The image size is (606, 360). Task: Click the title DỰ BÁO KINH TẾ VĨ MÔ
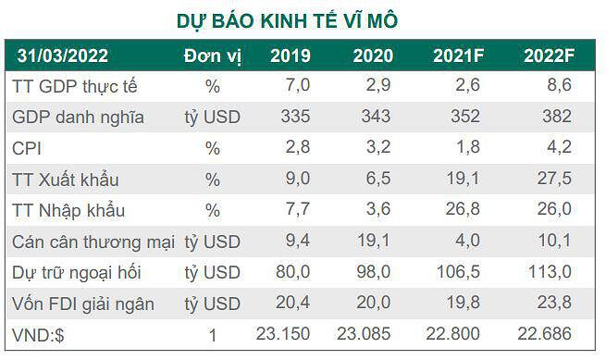coord(287,20)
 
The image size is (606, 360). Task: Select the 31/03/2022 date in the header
coord(62,56)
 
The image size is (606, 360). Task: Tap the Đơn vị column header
coord(213,56)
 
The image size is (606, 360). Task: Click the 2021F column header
coord(458,56)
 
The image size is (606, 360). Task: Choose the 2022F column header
coord(550,56)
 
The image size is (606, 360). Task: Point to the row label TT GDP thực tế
coord(75,86)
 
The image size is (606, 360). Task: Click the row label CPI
coord(27,148)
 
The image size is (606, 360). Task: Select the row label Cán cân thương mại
coord(93,242)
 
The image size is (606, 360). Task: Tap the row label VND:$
coord(38,335)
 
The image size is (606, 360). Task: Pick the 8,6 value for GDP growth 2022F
coord(559,85)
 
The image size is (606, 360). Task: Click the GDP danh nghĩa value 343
coord(376,117)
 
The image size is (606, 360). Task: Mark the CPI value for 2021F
coord(468,147)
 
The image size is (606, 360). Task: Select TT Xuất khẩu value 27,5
coord(554,179)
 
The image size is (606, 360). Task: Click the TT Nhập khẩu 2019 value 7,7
coord(298,209)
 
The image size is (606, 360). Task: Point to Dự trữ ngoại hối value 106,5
coord(458,271)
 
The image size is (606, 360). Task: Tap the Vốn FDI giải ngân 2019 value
coord(292,303)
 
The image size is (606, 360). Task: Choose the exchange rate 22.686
coord(545,334)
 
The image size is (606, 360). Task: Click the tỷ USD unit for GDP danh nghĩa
coord(213,118)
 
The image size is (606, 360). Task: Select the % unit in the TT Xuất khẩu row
coord(213,180)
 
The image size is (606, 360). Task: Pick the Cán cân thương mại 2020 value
coord(374,241)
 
